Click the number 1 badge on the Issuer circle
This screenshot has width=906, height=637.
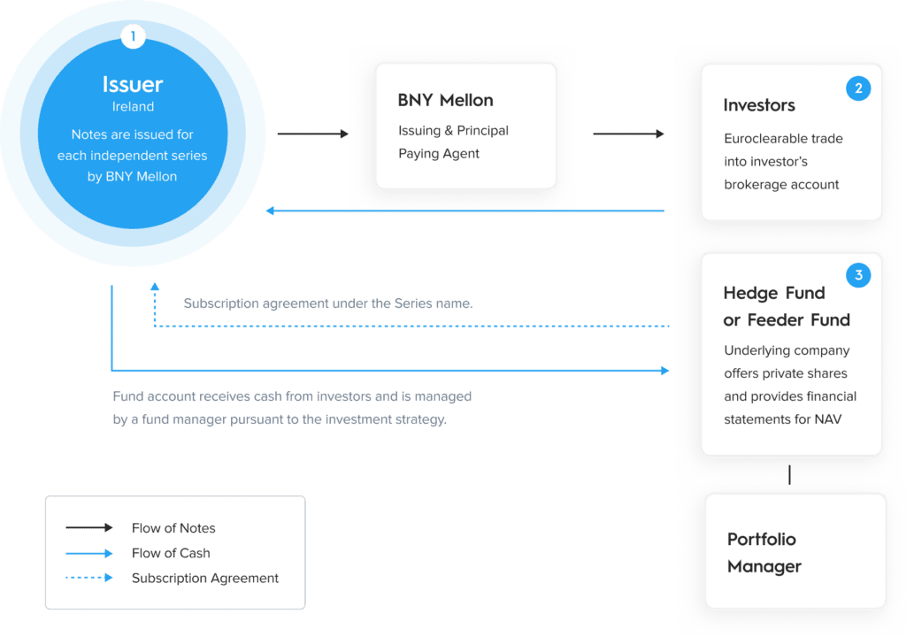pyautogui.click(x=133, y=36)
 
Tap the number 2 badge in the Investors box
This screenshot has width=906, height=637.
pyautogui.click(x=858, y=88)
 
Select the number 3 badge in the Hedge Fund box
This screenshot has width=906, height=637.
pyautogui.click(x=858, y=275)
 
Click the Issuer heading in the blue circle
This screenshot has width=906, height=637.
pyautogui.click(x=133, y=84)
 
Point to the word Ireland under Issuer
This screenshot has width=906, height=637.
pyautogui.click(x=133, y=106)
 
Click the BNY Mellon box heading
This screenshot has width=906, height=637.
pyautogui.click(x=446, y=100)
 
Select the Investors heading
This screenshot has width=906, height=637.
pyautogui.click(x=759, y=105)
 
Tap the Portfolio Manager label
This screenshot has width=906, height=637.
pyautogui.click(x=764, y=553)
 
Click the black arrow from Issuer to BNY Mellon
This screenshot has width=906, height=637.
pyautogui.click(x=312, y=134)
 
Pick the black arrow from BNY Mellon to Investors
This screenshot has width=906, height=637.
pyautogui.click(x=629, y=134)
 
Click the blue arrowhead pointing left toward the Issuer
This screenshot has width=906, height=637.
pyautogui.click(x=270, y=211)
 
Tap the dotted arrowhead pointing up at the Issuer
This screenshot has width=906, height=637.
pyautogui.click(x=155, y=286)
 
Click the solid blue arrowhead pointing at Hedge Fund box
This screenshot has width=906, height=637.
pyautogui.click(x=665, y=371)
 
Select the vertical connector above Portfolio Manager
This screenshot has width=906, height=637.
pyautogui.click(x=789, y=474)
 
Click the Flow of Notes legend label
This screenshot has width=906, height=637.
pyautogui.click(x=173, y=528)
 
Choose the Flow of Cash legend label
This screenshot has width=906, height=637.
pyautogui.click(x=171, y=553)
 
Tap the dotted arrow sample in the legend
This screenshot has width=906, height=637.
pyautogui.click(x=89, y=578)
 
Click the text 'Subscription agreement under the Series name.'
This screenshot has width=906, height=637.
pyautogui.click(x=328, y=303)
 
